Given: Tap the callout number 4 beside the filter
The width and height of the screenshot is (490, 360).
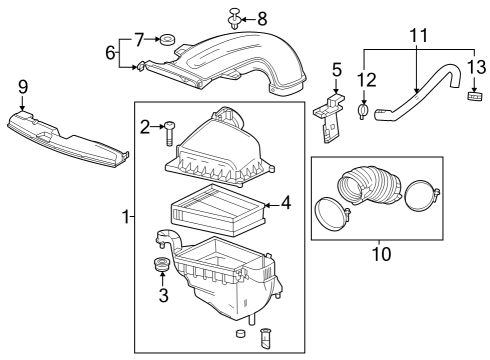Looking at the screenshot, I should [285, 203].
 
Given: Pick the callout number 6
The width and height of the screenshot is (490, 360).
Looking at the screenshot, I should [112, 54].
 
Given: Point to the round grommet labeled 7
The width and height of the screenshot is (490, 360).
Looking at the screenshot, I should [168, 40].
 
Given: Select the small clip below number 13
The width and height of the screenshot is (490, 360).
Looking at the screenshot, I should [474, 96].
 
